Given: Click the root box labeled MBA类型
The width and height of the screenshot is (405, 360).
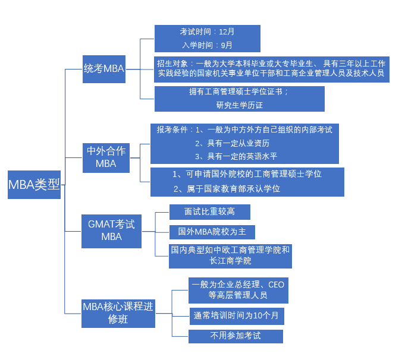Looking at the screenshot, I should tap(34, 184).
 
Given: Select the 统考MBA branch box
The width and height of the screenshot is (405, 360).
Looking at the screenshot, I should tap(103, 68).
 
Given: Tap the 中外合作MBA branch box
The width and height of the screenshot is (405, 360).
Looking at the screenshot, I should tap(106, 157).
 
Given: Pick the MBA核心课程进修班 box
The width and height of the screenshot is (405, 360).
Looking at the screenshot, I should tap(118, 313).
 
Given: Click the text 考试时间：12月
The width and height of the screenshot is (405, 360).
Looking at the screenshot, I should tap(207, 31).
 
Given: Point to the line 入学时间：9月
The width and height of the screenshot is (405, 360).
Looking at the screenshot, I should tap(207, 45).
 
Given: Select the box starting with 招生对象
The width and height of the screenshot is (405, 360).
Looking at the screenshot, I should tap(271, 69).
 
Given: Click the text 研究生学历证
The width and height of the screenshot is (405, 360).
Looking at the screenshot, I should tap(239, 105).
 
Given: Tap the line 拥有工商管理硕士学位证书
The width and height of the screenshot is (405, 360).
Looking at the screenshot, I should tap(239, 91).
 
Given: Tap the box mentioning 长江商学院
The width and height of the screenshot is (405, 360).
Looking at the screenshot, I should tap(230, 255).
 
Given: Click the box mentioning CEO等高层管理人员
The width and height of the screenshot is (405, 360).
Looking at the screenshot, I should tap(238, 290).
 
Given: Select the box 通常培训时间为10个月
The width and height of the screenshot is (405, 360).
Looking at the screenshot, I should tap(236, 315).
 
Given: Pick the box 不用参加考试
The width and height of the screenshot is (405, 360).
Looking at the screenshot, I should tap(236, 336).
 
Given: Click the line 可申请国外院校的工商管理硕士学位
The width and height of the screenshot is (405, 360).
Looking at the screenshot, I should tap(247, 174).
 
